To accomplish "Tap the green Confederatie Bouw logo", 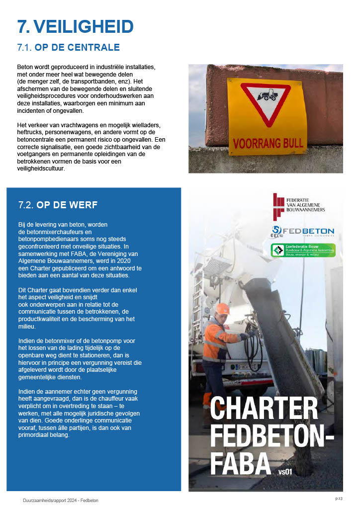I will [303, 250].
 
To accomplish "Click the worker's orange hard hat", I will [223, 309].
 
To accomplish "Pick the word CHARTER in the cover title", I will [264, 409].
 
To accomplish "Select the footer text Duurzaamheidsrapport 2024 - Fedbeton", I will [60, 500].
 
